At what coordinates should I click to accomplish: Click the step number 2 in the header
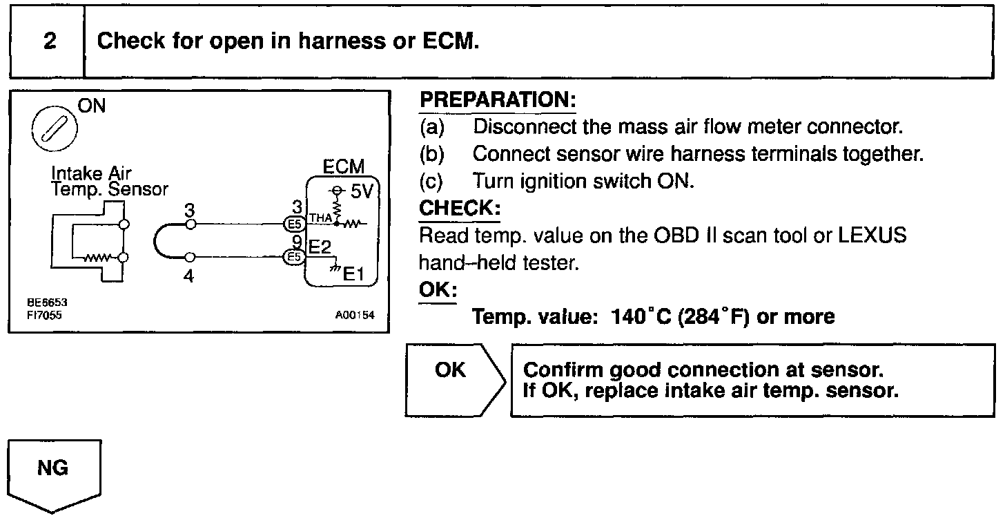coord(49,41)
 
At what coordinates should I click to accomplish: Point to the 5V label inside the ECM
coord(361,192)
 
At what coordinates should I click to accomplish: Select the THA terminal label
coord(320,218)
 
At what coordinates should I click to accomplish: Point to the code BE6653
coord(43,303)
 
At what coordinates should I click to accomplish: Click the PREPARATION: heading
coord(498,100)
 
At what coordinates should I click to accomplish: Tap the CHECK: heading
coord(460,208)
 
